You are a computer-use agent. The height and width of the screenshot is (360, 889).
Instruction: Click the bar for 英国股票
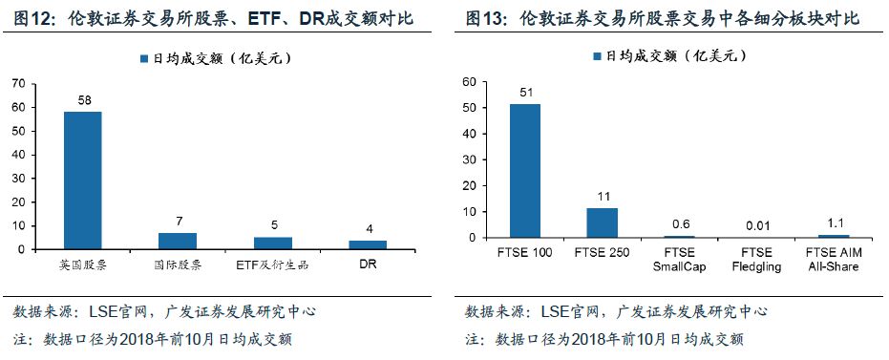[x=82, y=180]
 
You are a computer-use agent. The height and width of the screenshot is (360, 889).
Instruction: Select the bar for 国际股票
[x=178, y=241]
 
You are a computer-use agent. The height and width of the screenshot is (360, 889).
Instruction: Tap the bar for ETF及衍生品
[x=273, y=243]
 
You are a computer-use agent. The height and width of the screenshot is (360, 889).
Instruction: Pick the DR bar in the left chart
[x=368, y=244]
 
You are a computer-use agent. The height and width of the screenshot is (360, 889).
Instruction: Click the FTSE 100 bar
[x=525, y=171]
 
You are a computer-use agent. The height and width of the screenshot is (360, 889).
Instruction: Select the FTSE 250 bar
[x=602, y=222]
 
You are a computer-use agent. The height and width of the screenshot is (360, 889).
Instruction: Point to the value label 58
[x=82, y=100]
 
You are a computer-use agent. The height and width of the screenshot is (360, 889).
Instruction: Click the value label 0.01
[x=754, y=225]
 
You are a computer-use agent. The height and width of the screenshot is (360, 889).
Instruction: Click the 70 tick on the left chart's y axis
[x=18, y=83]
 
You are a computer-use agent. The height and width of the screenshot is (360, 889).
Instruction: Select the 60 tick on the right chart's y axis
[x=469, y=82]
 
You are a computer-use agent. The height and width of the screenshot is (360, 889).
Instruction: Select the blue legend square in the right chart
[x=595, y=56]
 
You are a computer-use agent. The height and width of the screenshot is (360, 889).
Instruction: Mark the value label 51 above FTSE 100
[x=525, y=93]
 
